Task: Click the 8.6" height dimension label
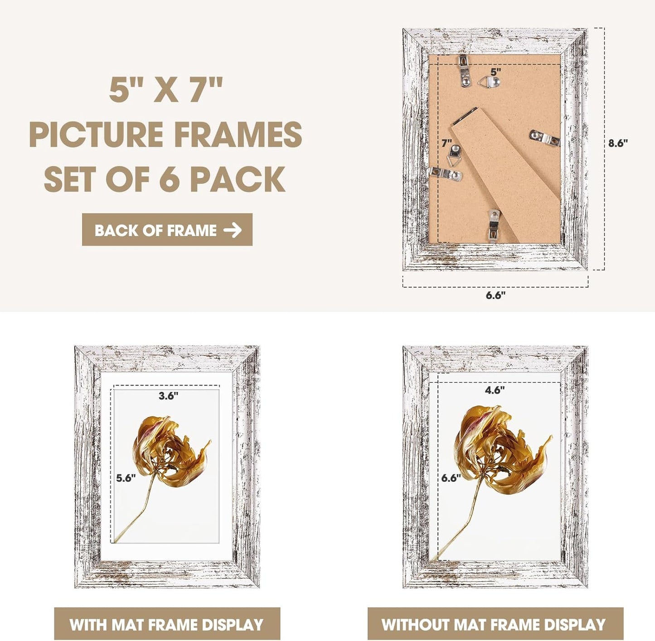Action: click(618, 143)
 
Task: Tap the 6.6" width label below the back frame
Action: click(495, 295)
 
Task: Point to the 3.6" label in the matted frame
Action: click(168, 396)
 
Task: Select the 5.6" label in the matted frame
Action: click(126, 478)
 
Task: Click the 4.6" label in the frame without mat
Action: click(495, 390)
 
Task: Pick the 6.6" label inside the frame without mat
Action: click(451, 478)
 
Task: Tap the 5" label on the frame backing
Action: click(495, 72)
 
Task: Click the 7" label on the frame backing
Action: click(447, 143)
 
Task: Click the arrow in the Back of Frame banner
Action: click(233, 230)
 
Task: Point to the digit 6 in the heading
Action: click(169, 179)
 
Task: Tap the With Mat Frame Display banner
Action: click(167, 625)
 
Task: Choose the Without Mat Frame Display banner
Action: click(495, 625)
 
